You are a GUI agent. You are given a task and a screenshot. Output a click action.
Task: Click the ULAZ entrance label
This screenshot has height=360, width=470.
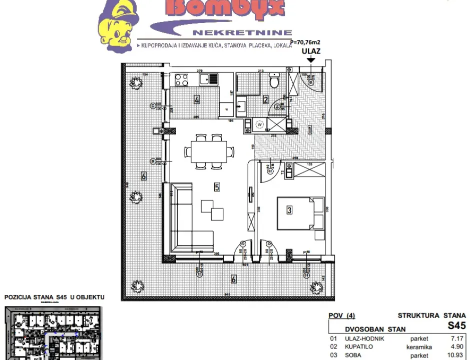pyautogui.click(x=311, y=50)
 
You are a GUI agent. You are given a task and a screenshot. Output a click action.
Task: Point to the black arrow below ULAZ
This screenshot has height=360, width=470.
pyautogui.click(x=311, y=60)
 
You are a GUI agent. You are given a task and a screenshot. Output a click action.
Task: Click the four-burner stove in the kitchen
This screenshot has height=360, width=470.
pyautogui.click(x=181, y=79)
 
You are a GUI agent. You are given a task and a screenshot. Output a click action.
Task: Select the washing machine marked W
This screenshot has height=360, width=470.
pyautogui.click(x=259, y=124)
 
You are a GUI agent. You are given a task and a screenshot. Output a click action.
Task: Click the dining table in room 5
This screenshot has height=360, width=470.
pyautogui.click(x=208, y=151)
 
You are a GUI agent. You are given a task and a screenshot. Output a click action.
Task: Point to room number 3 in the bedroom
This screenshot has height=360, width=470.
pyautogui.click(x=289, y=210)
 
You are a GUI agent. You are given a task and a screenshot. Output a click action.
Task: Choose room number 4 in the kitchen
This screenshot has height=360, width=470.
pyautogui.click(x=197, y=100)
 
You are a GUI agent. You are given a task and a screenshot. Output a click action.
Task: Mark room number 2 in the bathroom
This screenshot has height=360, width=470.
pyautogui.click(x=266, y=99)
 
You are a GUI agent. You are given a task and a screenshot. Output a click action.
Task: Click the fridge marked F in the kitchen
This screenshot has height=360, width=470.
pyautogui.click(x=227, y=109)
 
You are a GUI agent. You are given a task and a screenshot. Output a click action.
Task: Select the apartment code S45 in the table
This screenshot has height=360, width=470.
pyautogui.click(x=456, y=325)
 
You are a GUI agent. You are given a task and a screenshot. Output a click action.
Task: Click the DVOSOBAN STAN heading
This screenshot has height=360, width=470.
pyautogui.click(x=375, y=329)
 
